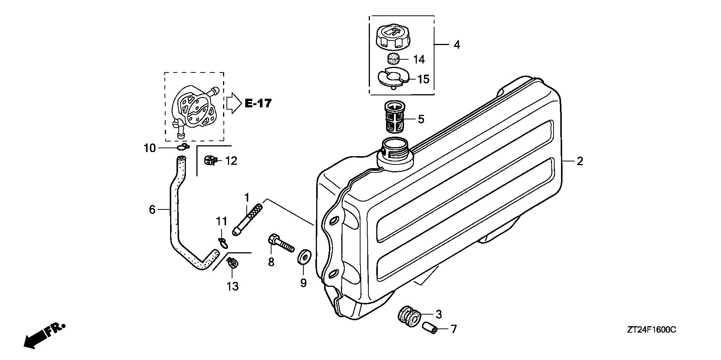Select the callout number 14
pyautogui.click(x=419, y=59)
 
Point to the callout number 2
pyautogui.click(x=580, y=161)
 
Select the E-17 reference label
pyautogui.click(x=258, y=103)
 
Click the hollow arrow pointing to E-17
pyautogui.click(x=233, y=103)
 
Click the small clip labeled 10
pyautogui.click(x=183, y=147)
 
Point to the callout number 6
pyautogui.click(x=152, y=209)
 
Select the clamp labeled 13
pyautogui.click(x=233, y=262)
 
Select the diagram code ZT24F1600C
pyautogui.click(x=651, y=330)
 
